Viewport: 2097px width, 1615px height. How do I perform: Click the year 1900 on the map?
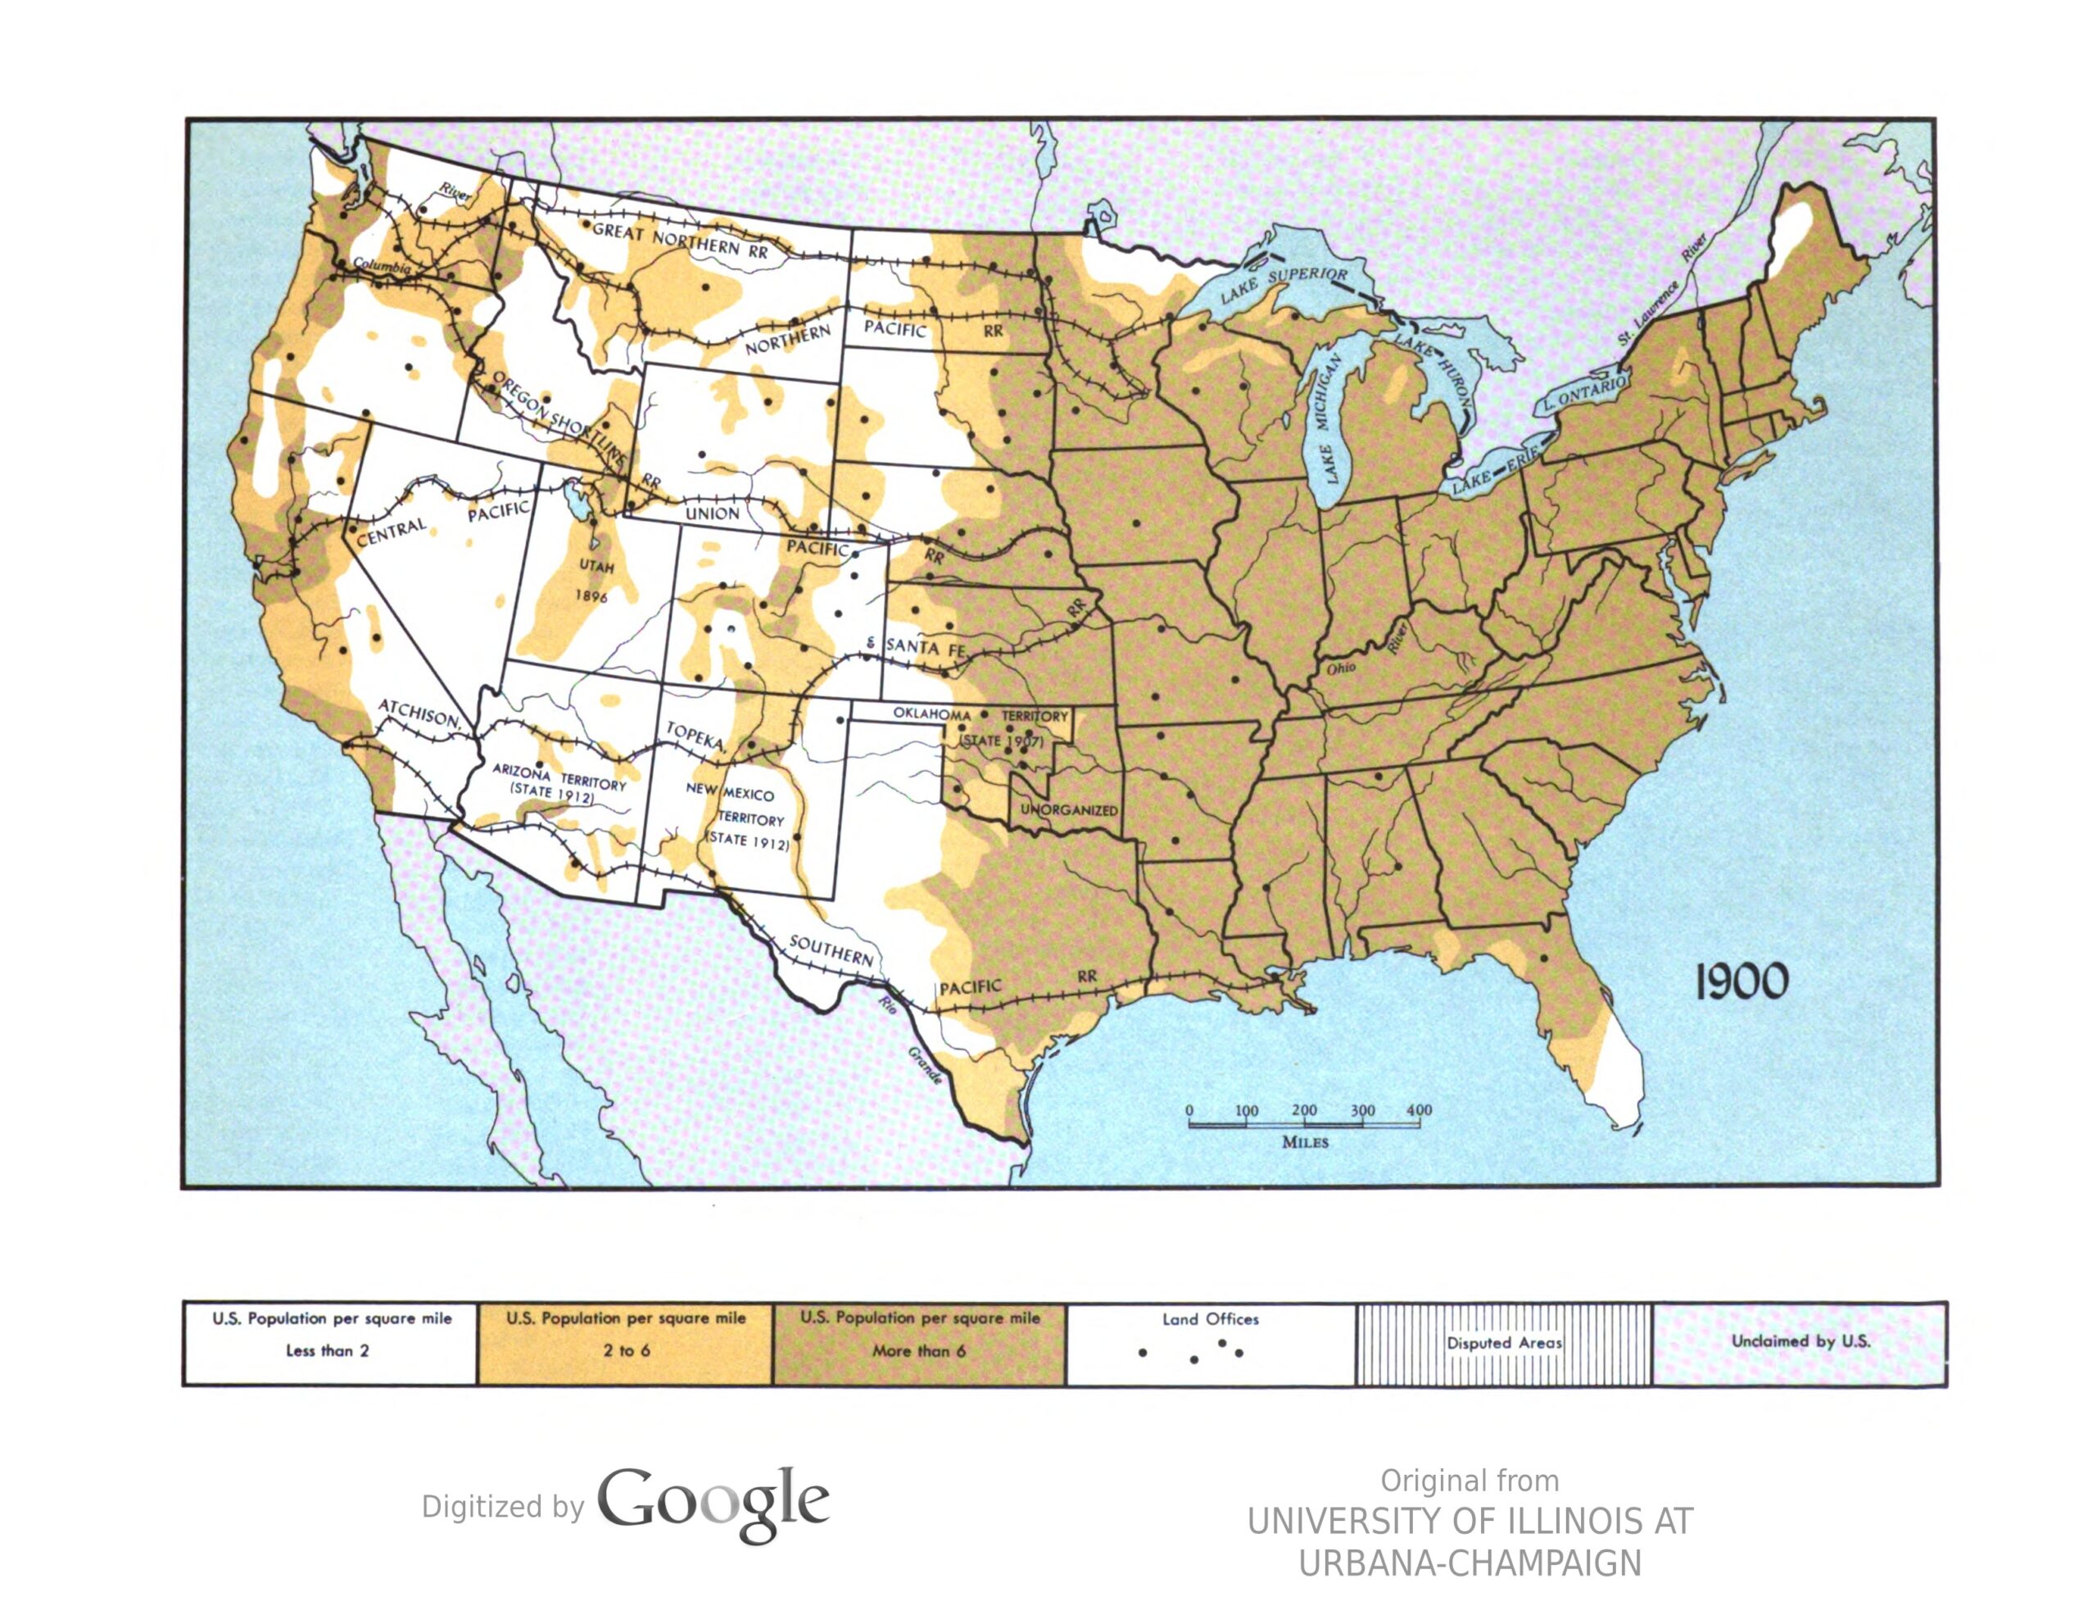point(1740,982)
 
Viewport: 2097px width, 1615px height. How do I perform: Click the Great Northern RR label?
point(680,240)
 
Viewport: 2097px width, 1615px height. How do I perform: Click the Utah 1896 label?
point(595,580)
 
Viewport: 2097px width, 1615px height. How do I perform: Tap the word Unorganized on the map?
point(1069,810)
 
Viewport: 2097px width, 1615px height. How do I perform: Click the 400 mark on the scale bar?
point(1418,1110)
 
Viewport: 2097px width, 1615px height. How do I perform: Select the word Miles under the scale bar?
point(1305,1141)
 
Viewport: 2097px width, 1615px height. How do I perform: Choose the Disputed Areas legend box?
point(1504,1342)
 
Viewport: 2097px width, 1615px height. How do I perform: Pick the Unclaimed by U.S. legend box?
point(1800,1342)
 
